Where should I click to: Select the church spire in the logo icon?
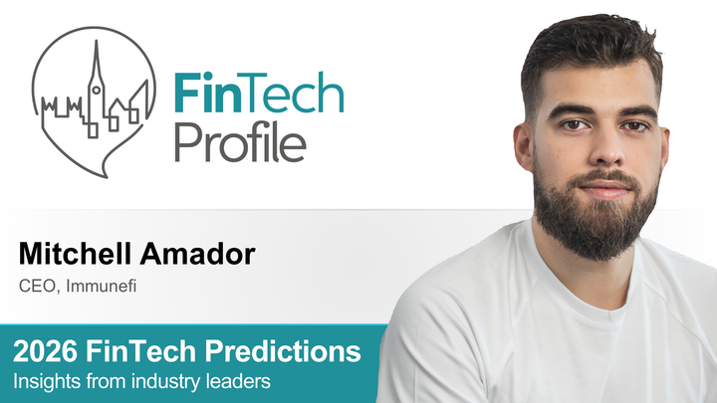[x=96, y=70]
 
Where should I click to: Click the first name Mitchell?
[x=77, y=255]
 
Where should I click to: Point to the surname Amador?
[x=197, y=255]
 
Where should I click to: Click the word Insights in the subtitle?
[x=45, y=380]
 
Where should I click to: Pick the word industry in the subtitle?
[x=166, y=380]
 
